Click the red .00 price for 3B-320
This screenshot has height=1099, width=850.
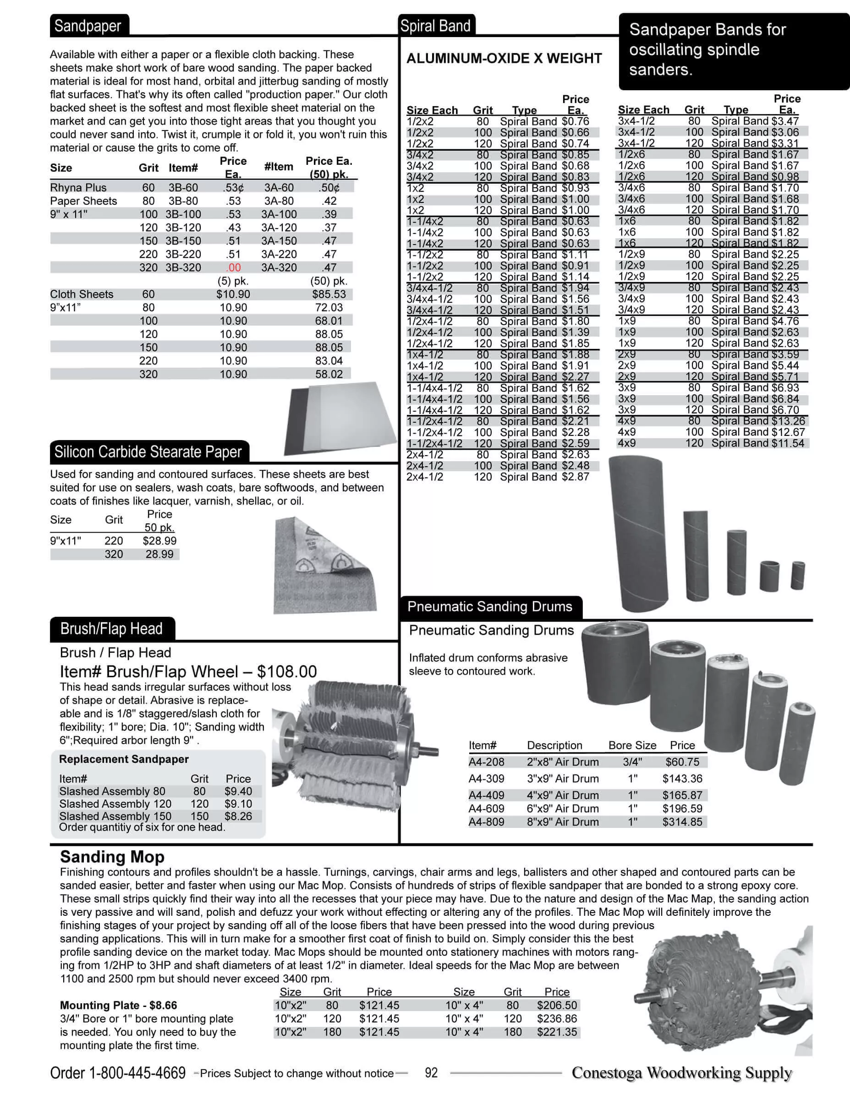233,268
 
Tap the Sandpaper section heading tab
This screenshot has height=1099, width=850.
88,26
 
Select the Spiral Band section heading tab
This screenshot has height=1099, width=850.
436,26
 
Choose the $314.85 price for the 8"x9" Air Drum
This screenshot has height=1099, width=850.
682,822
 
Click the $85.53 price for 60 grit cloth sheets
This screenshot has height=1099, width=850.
329,294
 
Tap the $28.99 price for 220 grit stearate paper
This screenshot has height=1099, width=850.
159,541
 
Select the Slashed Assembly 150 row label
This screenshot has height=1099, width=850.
115,816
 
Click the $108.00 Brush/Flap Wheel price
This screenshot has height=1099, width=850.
286,672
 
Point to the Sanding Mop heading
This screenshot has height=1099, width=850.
112,857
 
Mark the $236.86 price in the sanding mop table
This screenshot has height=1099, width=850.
557,1018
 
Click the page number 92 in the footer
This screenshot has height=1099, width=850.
431,1073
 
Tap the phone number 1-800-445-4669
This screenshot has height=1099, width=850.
137,1073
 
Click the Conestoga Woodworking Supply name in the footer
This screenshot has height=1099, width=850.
682,1073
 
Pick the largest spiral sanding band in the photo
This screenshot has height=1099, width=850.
637,533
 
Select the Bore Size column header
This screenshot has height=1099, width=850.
632,745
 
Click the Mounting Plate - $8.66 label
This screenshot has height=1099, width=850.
118,1006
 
